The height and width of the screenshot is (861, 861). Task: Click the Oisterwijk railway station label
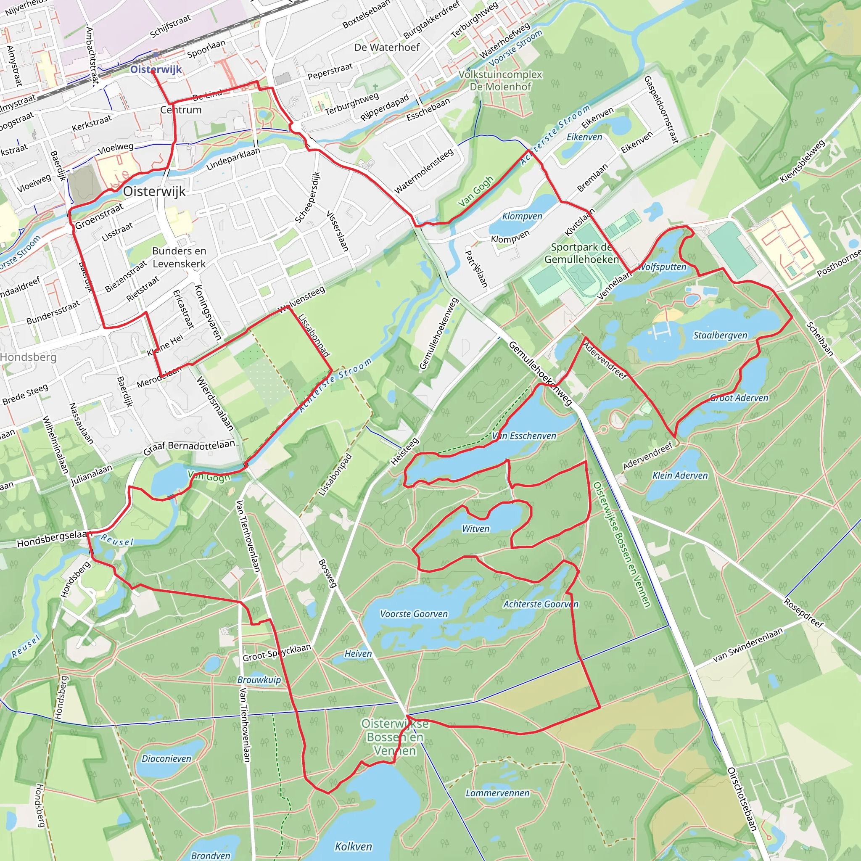[x=156, y=69]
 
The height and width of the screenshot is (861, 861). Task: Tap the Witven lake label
[x=475, y=528]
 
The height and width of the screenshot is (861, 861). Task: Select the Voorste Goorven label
[x=414, y=614]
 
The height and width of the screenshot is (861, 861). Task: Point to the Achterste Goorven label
[x=541, y=604]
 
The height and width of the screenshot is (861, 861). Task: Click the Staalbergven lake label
[x=720, y=335]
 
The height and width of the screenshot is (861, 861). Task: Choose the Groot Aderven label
[x=739, y=398]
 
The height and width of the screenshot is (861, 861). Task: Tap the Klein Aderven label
[x=680, y=475]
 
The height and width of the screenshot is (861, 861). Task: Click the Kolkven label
[x=354, y=846]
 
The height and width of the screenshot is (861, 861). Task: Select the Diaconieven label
[x=166, y=758]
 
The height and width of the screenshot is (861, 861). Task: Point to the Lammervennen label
[x=497, y=793]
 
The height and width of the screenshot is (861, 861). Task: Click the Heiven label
[x=358, y=653]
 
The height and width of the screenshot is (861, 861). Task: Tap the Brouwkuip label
[x=259, y=680]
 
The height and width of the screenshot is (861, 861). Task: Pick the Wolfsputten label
[x=662, y=267]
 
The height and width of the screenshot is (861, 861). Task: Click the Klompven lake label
[x=522, y=216]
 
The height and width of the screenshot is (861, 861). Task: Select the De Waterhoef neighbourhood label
[x=387, y=47]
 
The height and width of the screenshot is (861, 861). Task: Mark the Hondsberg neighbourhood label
[x=28, y=357]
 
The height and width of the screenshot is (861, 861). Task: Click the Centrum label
[x=180, y=110]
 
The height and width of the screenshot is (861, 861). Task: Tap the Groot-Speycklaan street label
[x=276, y=653]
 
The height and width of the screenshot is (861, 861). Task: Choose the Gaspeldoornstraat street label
[x=661, y=110]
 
